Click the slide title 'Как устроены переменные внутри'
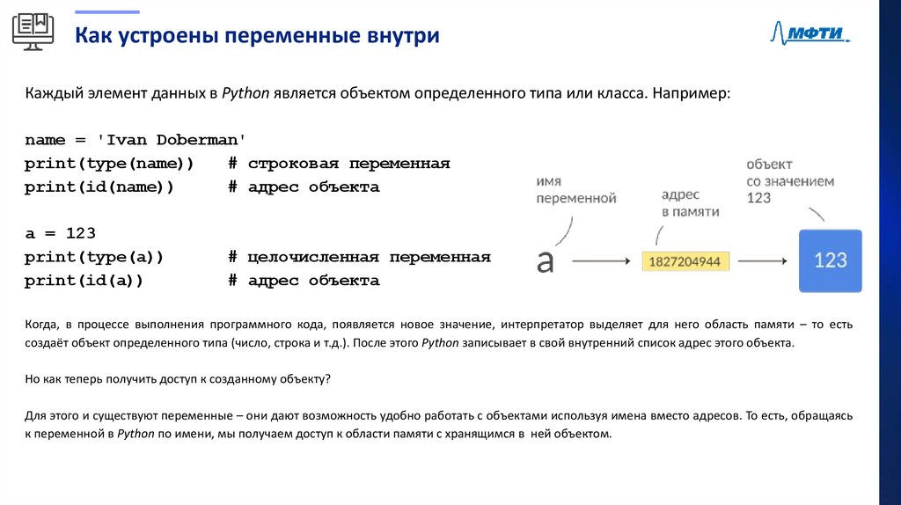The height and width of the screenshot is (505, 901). [257, 36]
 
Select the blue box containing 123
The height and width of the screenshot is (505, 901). [830, 260]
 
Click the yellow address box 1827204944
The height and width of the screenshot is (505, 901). [686, 261]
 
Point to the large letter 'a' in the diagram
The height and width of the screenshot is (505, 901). [546, 260]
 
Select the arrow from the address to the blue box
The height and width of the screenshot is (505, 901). [761, 261]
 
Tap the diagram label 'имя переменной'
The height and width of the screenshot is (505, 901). [576, 189]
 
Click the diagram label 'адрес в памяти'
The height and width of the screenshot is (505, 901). [690, 202]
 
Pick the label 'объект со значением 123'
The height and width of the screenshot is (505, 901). [789, 181]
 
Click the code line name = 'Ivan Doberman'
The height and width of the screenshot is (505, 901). [136, 140]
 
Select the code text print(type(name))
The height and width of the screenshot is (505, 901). [109, 164]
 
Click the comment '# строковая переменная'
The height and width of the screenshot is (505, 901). [339, 164]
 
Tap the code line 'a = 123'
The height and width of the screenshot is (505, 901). [60, 234]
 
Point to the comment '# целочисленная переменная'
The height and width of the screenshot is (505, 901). [359, 257]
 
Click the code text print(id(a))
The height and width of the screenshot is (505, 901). [84, 281]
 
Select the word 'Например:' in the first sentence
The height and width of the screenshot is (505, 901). [692, 93]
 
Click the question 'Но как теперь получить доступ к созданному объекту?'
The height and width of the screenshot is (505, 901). [178, 378]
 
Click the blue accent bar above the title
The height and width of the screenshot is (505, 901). [106, 11]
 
